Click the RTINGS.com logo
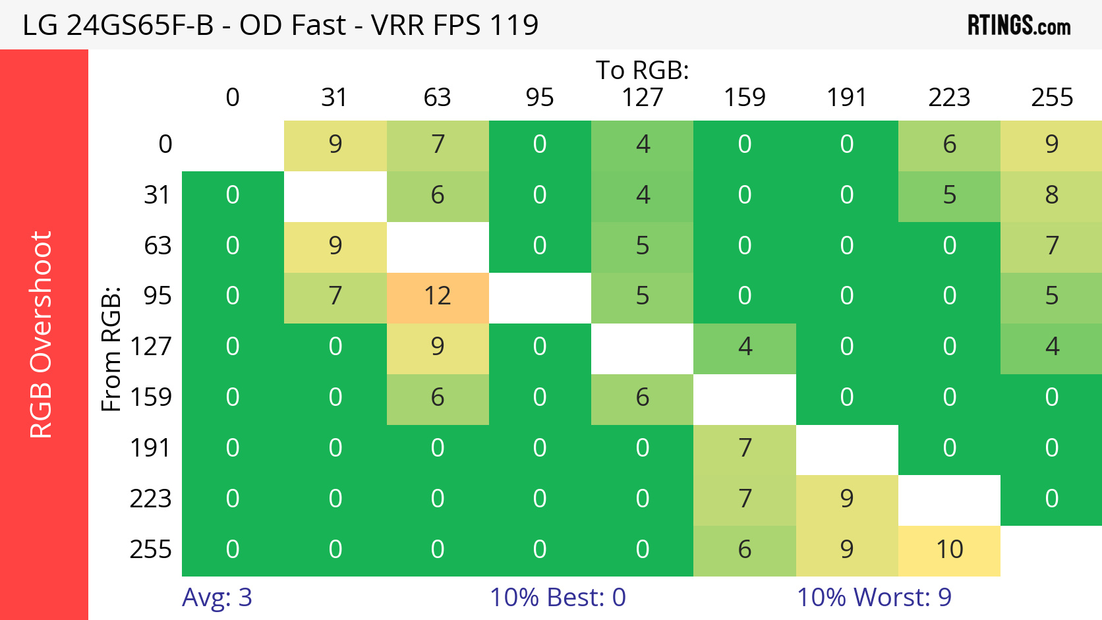[1018, 26]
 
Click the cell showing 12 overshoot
[438, 296]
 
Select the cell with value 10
[949, 550]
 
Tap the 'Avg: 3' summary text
[217, 598]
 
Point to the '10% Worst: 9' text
[874, 598]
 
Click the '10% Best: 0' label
[558, 598]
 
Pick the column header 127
[642, 98]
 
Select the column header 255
[1052, 98]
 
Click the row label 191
[150, 448]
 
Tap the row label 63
[158, 246]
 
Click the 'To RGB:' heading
[642, 70]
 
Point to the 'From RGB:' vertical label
[111, 349]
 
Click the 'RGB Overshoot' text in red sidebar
[41, 335]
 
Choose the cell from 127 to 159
[745, 347]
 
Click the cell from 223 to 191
[847, 499]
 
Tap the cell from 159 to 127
[643, 398]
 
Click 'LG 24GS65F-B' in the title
[118, 26]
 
